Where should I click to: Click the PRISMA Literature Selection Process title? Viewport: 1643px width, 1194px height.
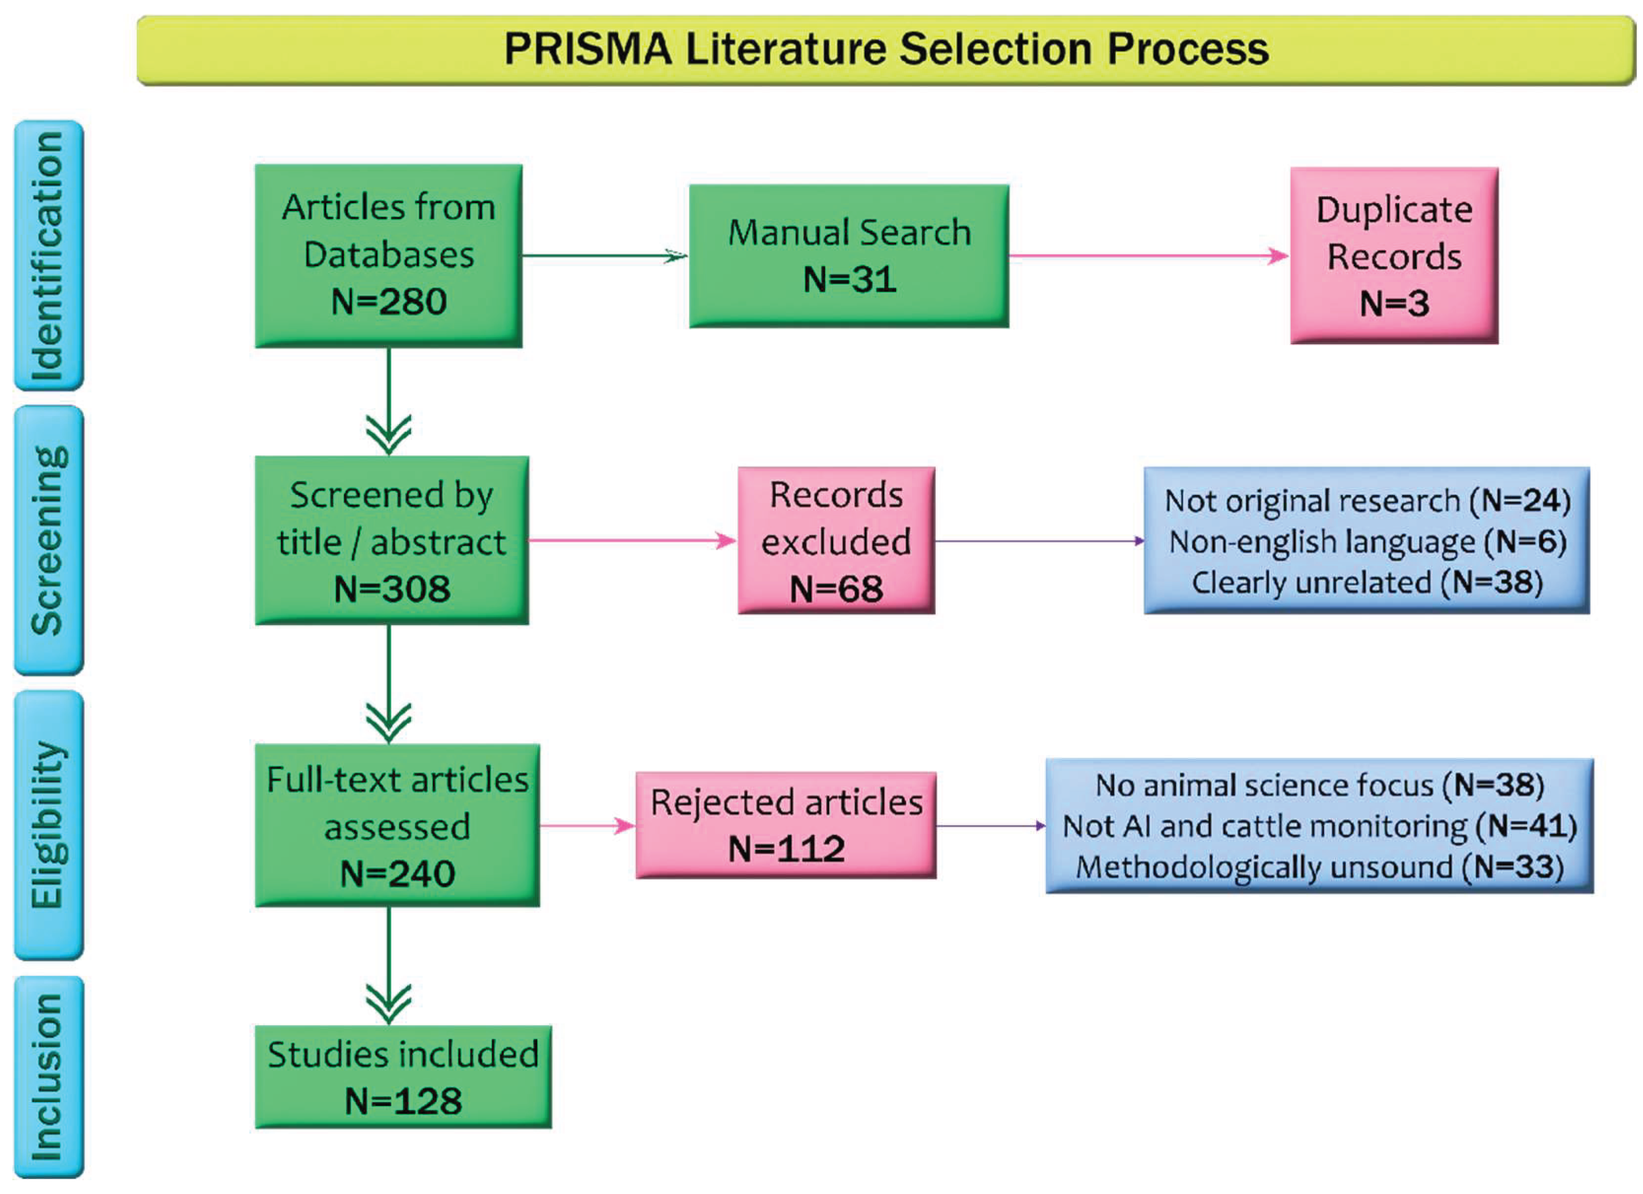[x=885, y=49]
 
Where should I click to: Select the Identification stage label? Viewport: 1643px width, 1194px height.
[x=48, y=256]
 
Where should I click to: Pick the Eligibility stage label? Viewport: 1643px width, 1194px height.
[x=48, y=825]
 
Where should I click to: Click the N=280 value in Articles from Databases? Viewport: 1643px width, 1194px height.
[x=388, y=301]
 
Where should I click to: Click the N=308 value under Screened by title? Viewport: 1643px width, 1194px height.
[x=391, y=588]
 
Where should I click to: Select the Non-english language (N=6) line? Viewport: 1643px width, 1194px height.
[x=1367, y=542]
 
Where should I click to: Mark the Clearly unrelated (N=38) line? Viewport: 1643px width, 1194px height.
[x=1367, y=582]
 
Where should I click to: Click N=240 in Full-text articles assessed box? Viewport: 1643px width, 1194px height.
[x=397, y=873]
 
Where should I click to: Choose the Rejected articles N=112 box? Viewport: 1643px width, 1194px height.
[x=786, y=825]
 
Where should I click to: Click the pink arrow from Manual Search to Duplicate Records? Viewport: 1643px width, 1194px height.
[x=1148, y=256]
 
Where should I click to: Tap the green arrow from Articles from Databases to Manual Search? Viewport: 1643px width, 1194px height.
[x=603, y=256]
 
